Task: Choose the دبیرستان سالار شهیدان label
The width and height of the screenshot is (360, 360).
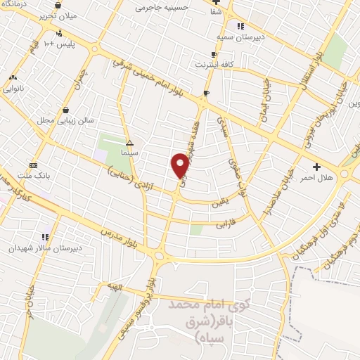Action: pyautogui.click(x=46, y=247)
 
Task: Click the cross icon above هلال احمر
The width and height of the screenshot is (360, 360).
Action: pyautogui.click(x=316, y=167)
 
